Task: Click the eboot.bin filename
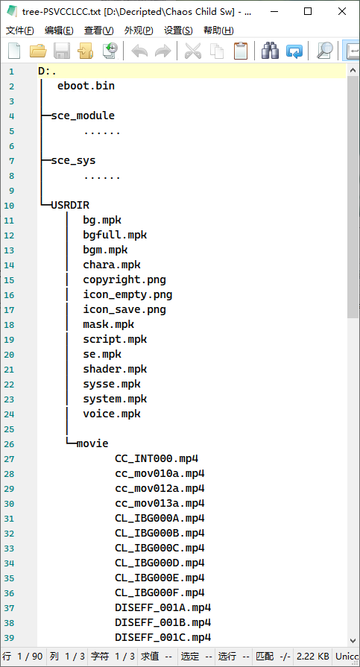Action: [x=86, y=86]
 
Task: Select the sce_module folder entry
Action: [x=83, y=116]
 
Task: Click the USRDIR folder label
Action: [x=70, y=206]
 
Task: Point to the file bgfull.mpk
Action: [x=115, y=235]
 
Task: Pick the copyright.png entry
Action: [x=124, y=280]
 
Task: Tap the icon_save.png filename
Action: [x=124, y=310]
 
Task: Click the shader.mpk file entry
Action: [x=115, y=369]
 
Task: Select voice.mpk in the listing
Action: [x=112, y=414]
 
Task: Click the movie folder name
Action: [x=92, y=443]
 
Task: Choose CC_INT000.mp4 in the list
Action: [x=157, y=458]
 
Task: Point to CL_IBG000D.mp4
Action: [x=160, y=563]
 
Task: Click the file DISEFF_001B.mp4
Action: [x=162, y=622]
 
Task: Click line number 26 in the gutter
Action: [x=9, y=444]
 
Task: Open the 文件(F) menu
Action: [x=19, y=31]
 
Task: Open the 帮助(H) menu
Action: [x=218, y=31]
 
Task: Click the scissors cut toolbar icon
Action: [x=193, y=51]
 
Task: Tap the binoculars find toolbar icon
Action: [x=270, y=51]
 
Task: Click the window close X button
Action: [x=342, y=11]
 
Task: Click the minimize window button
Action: [x=274, y=11]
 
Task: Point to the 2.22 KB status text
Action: [x=313, y=656]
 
